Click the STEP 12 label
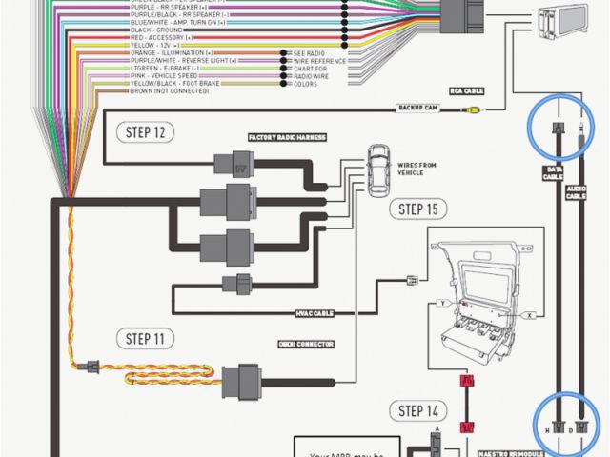(144, 131)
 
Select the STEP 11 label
(144, 338)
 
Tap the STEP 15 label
(417, 209)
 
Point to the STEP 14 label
(417, 411)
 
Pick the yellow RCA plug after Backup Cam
(473, 109)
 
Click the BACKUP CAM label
(417, 109)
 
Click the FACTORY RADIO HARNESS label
(287, 137)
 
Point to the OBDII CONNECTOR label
(298, 344)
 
